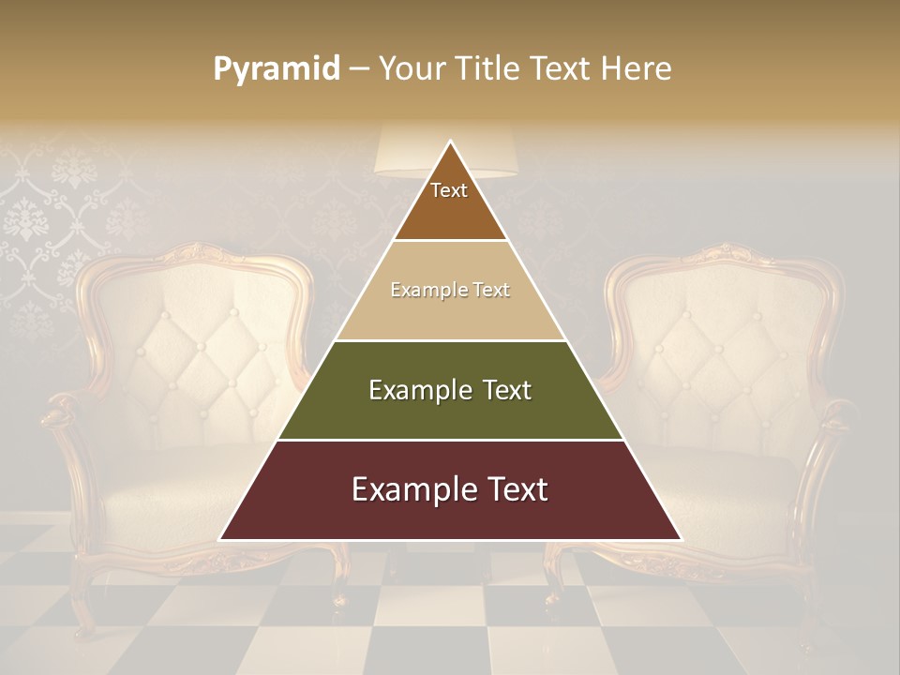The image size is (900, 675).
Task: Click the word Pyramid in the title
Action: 276,69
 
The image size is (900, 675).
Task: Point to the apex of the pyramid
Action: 450,142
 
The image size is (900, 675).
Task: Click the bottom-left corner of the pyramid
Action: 222,539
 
